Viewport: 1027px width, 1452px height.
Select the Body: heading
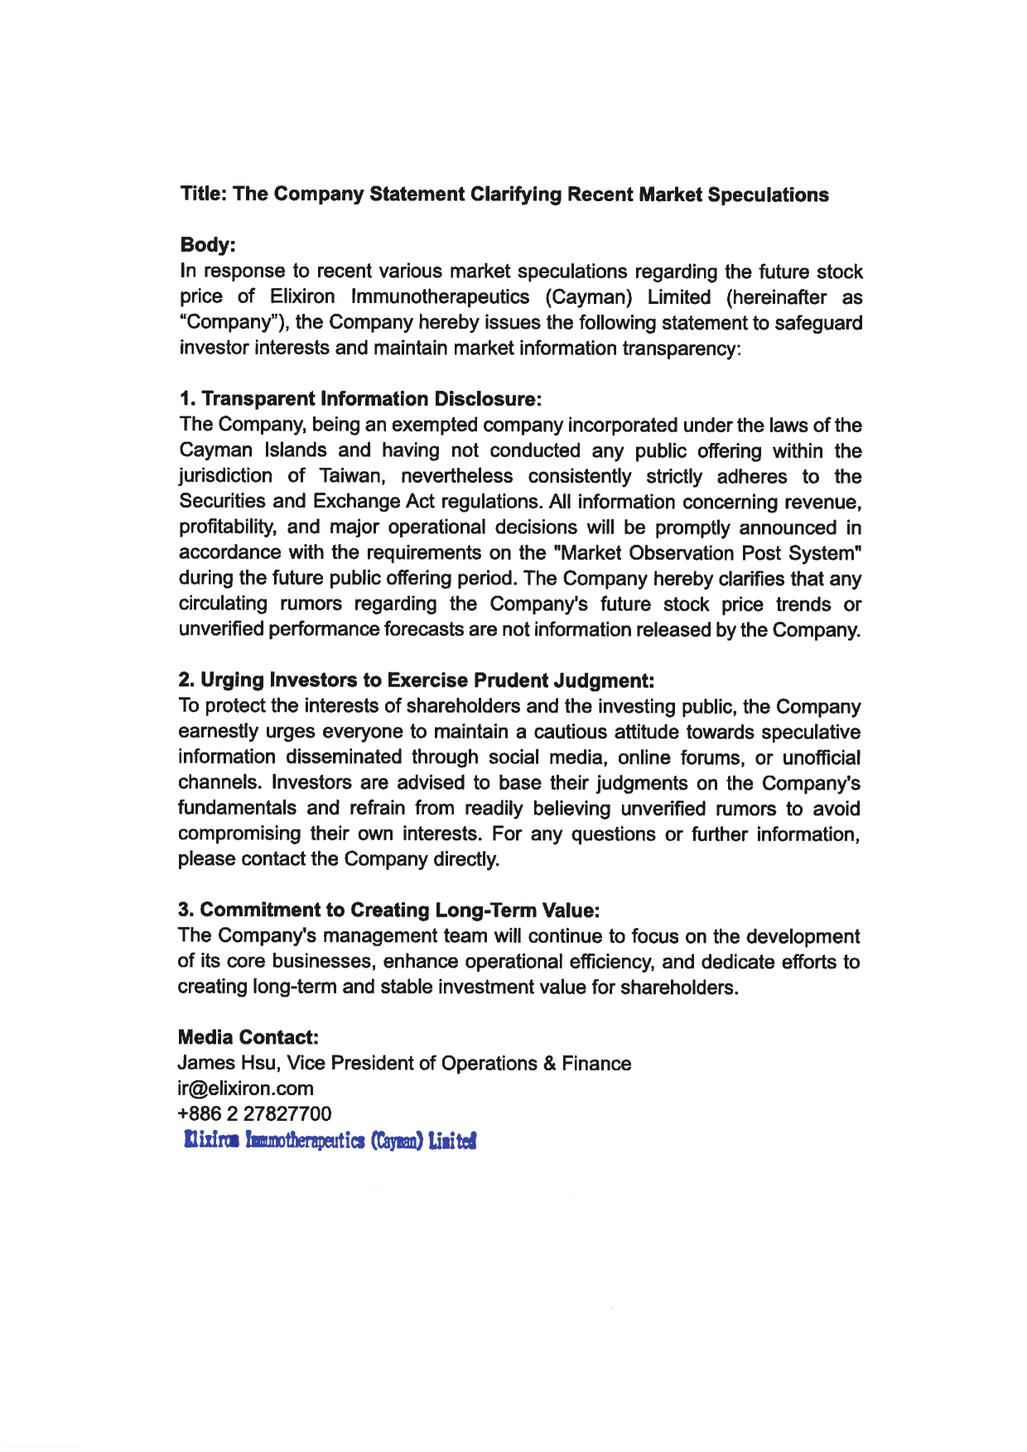208,245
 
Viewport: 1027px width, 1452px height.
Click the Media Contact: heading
248,1037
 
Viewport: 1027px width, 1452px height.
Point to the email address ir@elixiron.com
245,1089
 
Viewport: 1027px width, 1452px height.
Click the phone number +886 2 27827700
254,1114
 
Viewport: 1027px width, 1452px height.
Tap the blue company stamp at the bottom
330,1142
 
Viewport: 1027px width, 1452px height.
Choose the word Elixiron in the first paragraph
302,297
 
